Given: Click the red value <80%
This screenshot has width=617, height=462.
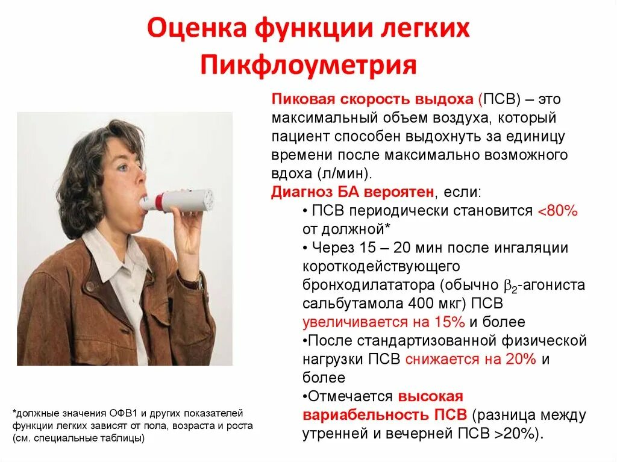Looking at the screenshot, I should point(557,211).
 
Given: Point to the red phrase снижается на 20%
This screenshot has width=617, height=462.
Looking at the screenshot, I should point(471,359).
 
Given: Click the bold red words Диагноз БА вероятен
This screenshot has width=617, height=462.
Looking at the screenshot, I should point(352,192).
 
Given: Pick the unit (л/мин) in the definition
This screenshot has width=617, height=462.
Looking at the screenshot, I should point(343,173).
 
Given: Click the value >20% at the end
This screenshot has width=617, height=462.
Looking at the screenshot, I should point(513,433).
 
